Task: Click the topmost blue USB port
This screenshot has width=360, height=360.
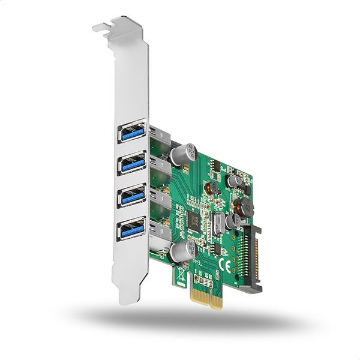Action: (132, 133)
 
